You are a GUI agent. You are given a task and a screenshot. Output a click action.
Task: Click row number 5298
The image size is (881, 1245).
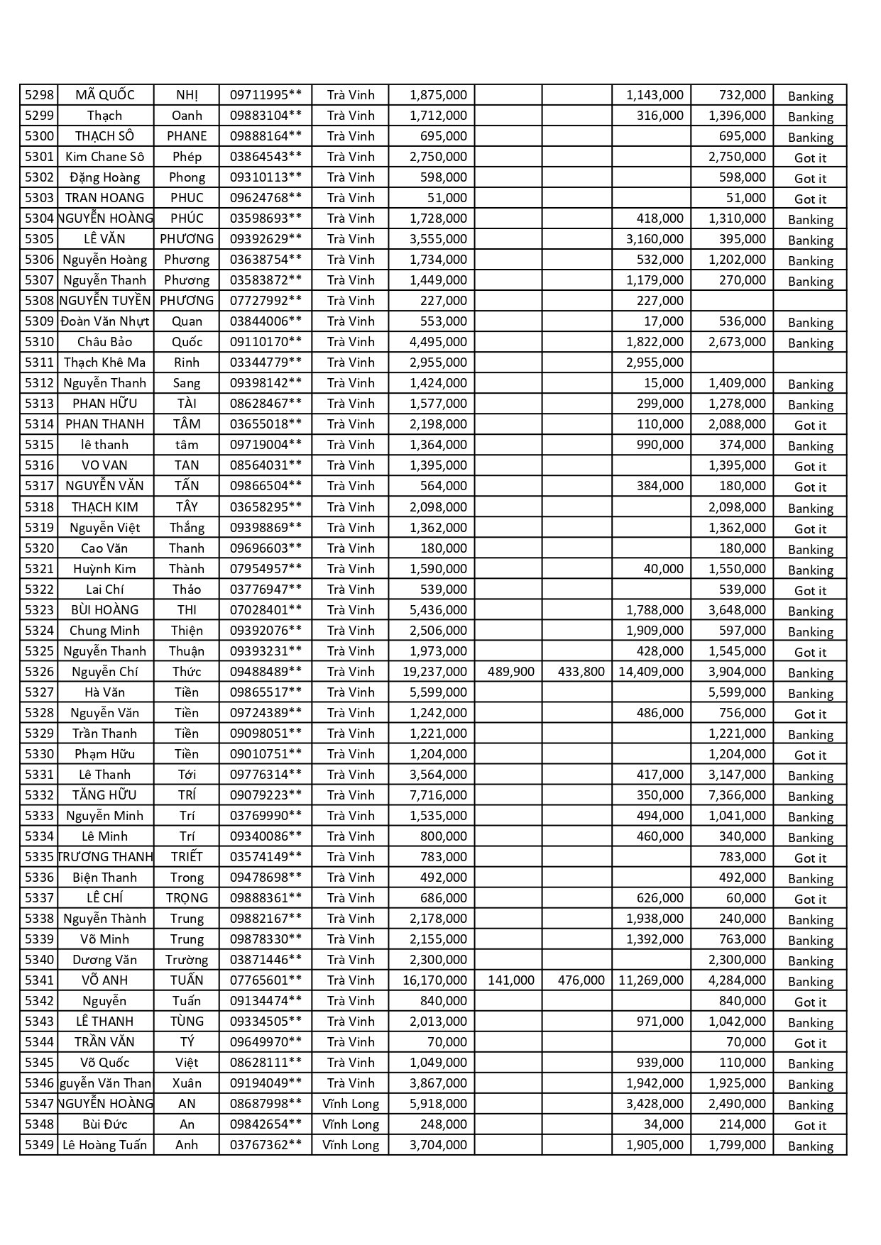39,95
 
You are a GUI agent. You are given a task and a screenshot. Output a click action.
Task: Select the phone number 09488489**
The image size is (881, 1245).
266,672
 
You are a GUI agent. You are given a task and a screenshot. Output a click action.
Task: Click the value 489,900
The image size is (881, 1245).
511,672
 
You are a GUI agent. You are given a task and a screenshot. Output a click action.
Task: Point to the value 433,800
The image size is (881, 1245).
581,672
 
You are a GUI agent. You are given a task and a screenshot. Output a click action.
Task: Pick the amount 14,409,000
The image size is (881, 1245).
651,672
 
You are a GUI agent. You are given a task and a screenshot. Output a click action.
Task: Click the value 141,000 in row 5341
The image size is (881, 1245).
511,980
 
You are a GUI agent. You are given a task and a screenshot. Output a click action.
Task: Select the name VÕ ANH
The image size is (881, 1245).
104,980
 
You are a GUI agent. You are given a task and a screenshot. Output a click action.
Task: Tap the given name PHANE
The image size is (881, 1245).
187,136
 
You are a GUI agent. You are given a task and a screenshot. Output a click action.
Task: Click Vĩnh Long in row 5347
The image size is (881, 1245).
351,1104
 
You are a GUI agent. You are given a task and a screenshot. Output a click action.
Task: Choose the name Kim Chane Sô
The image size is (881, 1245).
104,157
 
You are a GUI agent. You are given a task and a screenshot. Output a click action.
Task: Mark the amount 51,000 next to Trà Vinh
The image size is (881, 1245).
447,198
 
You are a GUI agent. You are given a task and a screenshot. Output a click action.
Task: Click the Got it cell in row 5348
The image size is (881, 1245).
810,1125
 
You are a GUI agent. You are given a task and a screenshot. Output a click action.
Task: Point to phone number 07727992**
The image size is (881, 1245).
266,301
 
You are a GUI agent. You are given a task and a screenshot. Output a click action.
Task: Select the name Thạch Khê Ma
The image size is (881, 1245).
104,363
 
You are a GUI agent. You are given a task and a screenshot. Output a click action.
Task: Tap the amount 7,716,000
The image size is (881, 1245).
438,795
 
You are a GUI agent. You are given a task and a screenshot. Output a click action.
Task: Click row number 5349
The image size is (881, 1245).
39,1145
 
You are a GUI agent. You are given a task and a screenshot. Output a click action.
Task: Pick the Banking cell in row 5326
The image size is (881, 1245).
810,673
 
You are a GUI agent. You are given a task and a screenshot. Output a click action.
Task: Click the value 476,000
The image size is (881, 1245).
581,980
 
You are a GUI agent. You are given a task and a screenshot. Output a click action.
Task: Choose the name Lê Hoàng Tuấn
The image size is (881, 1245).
104,1145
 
